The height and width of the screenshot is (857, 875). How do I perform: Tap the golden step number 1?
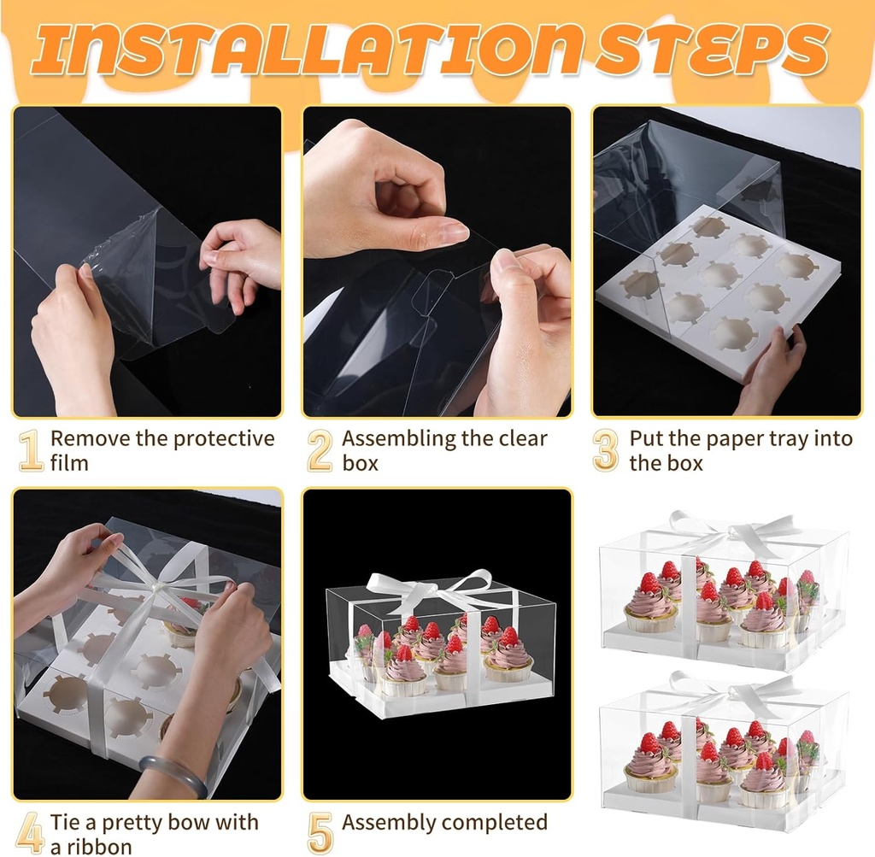click(31, 451)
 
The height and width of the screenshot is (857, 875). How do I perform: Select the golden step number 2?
click(320, 451)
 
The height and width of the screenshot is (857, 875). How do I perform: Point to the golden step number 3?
click(606, 451)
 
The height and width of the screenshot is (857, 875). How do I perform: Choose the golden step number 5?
click(320, 834)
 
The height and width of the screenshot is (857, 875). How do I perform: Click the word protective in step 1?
click(224, 439)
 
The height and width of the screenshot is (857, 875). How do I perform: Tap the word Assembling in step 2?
click(399, 439)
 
